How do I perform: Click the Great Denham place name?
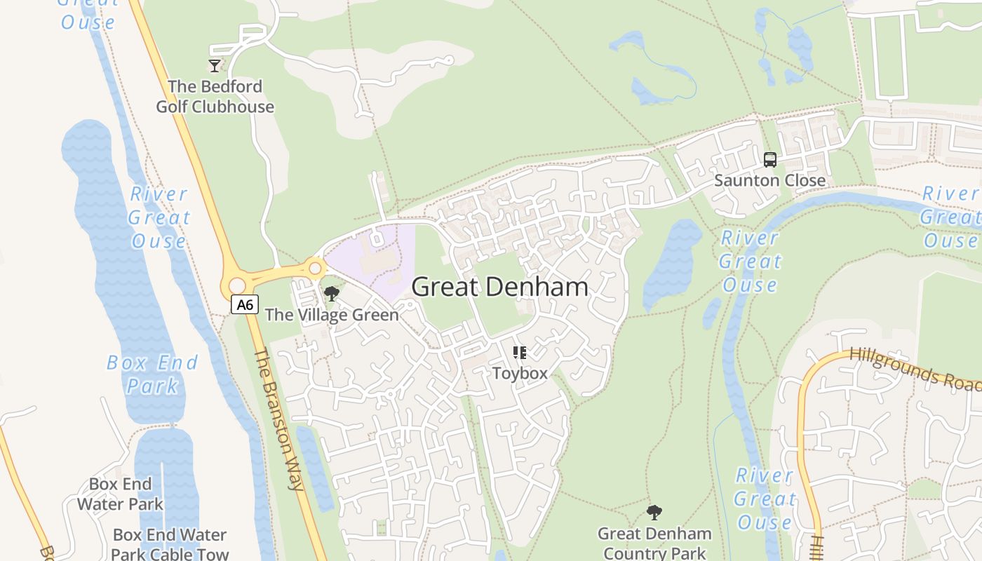click(x=499, y=286)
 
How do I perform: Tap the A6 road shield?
click(x=245, y=304)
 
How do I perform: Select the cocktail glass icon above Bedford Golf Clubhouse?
click(x=215, y=66)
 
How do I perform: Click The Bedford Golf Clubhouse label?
click(x=215, y=97)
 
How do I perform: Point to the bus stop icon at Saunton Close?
click(x=769, y=160)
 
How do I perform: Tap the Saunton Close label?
click(x=769, y=180)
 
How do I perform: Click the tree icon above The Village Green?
click(x=331, y=294)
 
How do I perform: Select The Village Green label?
click(x=331, y=315)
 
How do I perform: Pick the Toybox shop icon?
click(x=520, y=352)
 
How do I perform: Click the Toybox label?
click(x=520, y=373)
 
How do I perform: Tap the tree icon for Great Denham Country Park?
click(x=654, y=513)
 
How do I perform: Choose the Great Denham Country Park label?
click(x=654, y=543)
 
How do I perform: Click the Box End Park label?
click(x=152, y=374)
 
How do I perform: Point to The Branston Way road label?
click(x=277, y=419)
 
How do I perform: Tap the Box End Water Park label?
click(x=120, y=494)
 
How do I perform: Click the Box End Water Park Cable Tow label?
click(x=170, y=544)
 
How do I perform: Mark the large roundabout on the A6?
click(x=237, y=286)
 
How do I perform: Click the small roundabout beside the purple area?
click(x=315, y=268)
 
